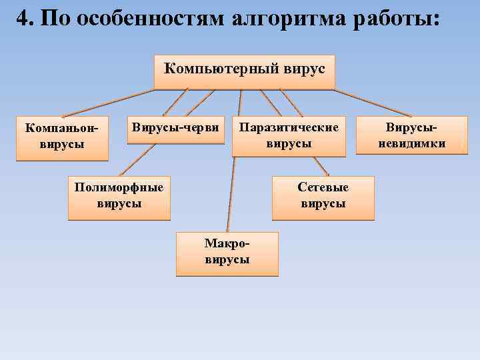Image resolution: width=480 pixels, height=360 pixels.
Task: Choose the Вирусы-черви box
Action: click(175, 133)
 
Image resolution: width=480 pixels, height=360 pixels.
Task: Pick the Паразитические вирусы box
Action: click(289, 137)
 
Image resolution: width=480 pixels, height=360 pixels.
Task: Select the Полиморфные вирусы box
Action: click(119, 197)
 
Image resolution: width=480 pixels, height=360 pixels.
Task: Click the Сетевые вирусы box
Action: click(323, 197)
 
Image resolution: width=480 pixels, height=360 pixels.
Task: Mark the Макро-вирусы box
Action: click(227, 253)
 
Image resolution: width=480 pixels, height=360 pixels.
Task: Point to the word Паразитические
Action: click(289, 127)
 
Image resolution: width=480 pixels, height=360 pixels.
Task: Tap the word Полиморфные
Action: click(119, 188)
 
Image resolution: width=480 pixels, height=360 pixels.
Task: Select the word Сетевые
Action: click(323, 188)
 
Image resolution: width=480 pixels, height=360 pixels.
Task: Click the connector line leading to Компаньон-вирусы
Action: click(107, 103)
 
